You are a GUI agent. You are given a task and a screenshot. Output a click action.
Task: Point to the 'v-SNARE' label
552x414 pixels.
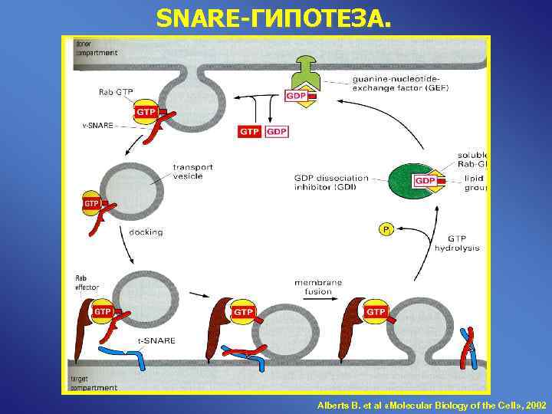(x=99, y=125)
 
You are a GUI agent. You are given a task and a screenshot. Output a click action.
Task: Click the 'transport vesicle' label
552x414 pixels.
(x=193, y=171)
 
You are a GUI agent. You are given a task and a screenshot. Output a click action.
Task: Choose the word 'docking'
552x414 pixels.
(x=146, y=232)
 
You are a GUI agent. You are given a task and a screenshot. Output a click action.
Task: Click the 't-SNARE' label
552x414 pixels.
(x=156, y=340)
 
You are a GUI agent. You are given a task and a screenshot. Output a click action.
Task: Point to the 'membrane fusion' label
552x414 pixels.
(x=318, y=287)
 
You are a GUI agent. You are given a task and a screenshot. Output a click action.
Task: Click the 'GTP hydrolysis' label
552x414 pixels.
(x=456, y=243)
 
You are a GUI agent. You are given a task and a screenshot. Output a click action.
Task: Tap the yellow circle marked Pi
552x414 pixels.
(x=386, y=229)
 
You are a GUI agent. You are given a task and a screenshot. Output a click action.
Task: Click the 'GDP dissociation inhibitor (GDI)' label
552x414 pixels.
(x=331, y=183)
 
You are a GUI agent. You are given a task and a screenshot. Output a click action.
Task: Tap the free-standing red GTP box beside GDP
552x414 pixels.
(x=250, y=132)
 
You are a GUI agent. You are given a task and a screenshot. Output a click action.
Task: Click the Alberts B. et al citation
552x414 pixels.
(x=432, y=403)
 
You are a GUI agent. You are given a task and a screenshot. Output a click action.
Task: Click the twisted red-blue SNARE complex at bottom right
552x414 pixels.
(x=467, y=347)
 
